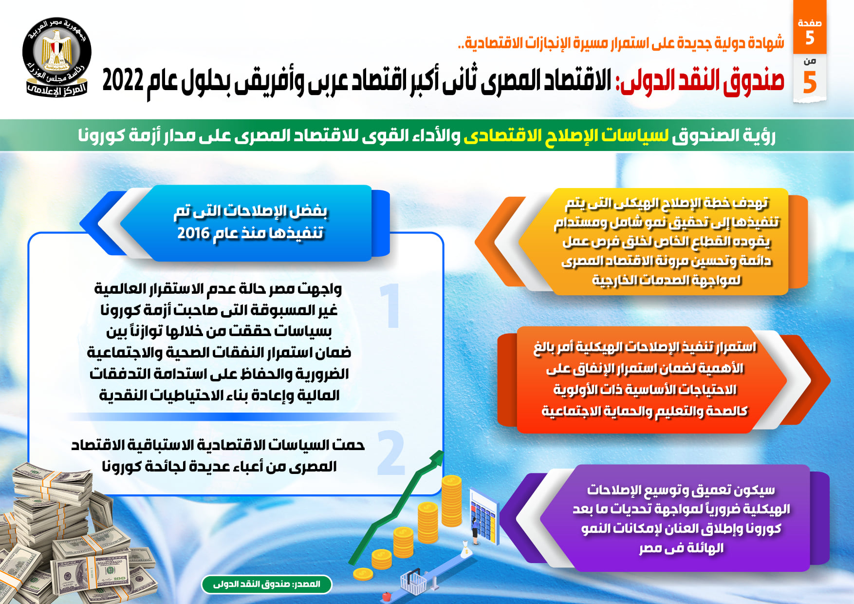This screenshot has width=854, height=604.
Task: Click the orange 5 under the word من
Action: [x=810, y=82]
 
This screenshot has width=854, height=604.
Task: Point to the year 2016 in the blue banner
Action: [x=193, y=233]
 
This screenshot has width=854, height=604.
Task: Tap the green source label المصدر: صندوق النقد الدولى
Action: [x=267, y=584]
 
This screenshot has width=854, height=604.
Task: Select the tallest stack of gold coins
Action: [x=451, y=502]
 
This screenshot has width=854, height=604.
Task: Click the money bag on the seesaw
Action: [x=466, y=550]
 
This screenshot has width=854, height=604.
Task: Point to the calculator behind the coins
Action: [x=484, y=516]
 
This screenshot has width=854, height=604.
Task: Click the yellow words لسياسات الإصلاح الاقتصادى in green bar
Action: [x=566, y=135]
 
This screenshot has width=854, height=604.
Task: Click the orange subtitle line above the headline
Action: [x=621, y=43]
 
